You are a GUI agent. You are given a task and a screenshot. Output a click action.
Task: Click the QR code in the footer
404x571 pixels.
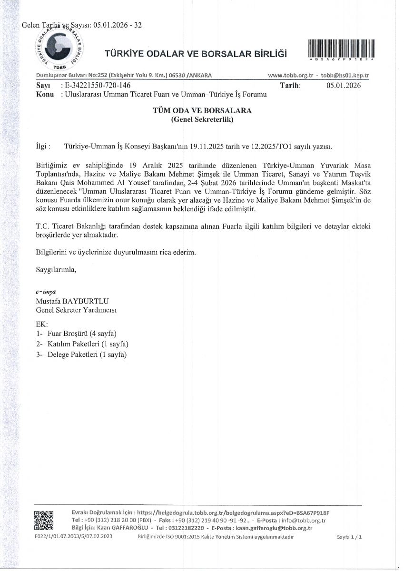(x=44, y=520)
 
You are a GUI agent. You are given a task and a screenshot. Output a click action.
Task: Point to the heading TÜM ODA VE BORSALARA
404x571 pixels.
(x=202, y=110)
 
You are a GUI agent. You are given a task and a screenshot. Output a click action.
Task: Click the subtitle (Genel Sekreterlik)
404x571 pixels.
(x=202, y=120)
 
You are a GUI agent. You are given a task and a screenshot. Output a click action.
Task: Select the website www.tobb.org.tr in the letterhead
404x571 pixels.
(x=290, y=76)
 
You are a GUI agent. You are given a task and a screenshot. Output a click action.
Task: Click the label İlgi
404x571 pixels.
(x=43, y=146)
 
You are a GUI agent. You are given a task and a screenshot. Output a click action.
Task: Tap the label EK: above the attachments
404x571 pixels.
(x=42, y=324)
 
